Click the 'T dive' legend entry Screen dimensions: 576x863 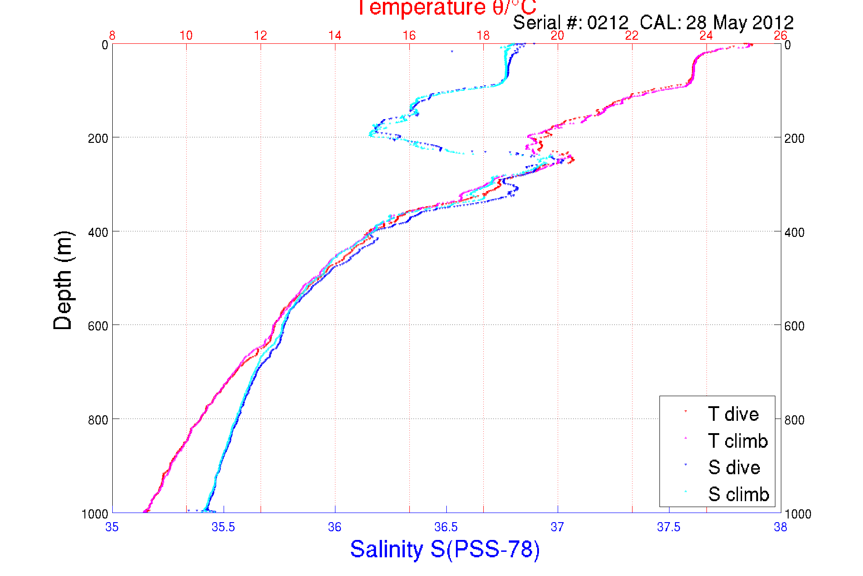click(x=732, y=414)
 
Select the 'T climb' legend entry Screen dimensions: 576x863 click(x=737, y=441)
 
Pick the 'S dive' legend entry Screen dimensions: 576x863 click(x=733, y=467)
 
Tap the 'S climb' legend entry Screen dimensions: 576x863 click(x=738, y=494)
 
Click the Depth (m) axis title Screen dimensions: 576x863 click(x=63, y=280)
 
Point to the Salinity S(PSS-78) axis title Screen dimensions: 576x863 click(x=445, y=549)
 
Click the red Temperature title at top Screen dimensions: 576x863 click(x=446, y=7)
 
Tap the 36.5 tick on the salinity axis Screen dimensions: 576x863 click(x=446, y=528)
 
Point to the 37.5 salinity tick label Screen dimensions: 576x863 click(x=669, y=528)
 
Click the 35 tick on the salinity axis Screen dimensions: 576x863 click(x=112, y=528)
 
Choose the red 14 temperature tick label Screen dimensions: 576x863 click(x=335, y=36)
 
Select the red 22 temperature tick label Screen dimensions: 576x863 click(x=632, y=36)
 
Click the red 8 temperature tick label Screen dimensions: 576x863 click(x=112, y=36)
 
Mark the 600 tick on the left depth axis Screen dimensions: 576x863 click(x=98, y=326)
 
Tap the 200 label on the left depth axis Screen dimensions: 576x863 click(x=98, y=138)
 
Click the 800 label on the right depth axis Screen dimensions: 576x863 click(x=794, y=420)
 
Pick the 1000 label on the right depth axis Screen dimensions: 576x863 click(x=797, y=514)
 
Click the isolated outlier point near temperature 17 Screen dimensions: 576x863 click(x=452, y=52)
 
